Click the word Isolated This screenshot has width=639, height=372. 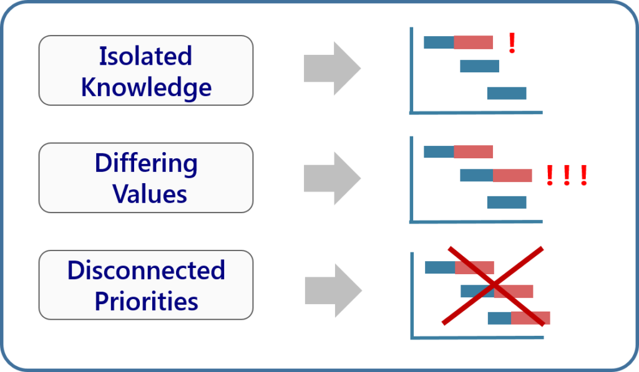pyautogui.click(x=145, y=57)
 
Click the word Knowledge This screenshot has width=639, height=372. pyautogui.click(x=145, y=87)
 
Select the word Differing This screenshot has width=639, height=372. pyautogui.click(x=145, y=164)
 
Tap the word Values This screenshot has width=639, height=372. pyautogui.click(x=150, y=194)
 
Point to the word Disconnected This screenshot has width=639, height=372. pyautogui.click(x=145, y=270)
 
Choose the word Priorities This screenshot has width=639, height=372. pyautogui.click(x=146, y=302)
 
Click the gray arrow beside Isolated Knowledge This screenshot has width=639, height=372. pyautogui.click(x=331, y=69)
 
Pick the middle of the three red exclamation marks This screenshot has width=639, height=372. pyautogui.click(x=566, y=176)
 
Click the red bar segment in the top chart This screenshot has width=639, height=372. pyautogui.click(x=473, y=42)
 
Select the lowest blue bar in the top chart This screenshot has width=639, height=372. pyautogui.click(x=506, y=93)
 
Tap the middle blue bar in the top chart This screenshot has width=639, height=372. pyautogui.click(x=479, y=66)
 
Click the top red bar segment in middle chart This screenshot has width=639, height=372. pyautogui.click(x=473, y=151)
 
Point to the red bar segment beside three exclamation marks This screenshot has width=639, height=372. pyautogui.click(x=512, y=176)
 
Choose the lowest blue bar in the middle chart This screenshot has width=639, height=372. pyautogui.click(x=506, y=203)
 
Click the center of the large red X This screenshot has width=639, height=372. pyautogui.click(x=493, y=285)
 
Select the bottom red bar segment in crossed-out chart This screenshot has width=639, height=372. pyautogui.click(x=530, y=318)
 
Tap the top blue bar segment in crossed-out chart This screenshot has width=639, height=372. pyautogui.click(x=440, y=267)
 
